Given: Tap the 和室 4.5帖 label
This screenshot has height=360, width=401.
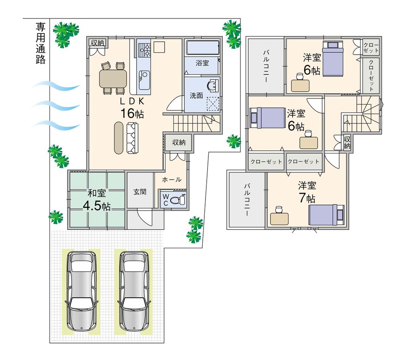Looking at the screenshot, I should point(96,200).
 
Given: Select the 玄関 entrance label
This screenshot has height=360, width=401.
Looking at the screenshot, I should point(140,192).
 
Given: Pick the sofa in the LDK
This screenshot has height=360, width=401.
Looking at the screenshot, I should point(132,138).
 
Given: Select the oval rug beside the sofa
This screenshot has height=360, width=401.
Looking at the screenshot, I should point(119,138).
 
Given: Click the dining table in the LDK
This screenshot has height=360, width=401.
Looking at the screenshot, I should point(113,78).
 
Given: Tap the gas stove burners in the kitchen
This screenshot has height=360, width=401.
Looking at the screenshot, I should point(144,49).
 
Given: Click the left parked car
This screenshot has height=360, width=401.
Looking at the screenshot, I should point(82,290).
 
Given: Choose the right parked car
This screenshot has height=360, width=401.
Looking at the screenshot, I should point(133,290).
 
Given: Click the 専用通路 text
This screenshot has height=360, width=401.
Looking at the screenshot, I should point(41,44).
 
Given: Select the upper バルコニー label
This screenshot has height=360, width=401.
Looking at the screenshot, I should point(266,66).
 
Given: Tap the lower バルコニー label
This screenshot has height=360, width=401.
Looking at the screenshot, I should point(247,200).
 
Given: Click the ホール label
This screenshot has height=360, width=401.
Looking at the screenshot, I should point(171,180).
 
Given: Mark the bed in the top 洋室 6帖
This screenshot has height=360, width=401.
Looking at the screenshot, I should point(333,59).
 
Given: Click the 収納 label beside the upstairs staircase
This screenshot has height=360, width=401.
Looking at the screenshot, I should point(347,143).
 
